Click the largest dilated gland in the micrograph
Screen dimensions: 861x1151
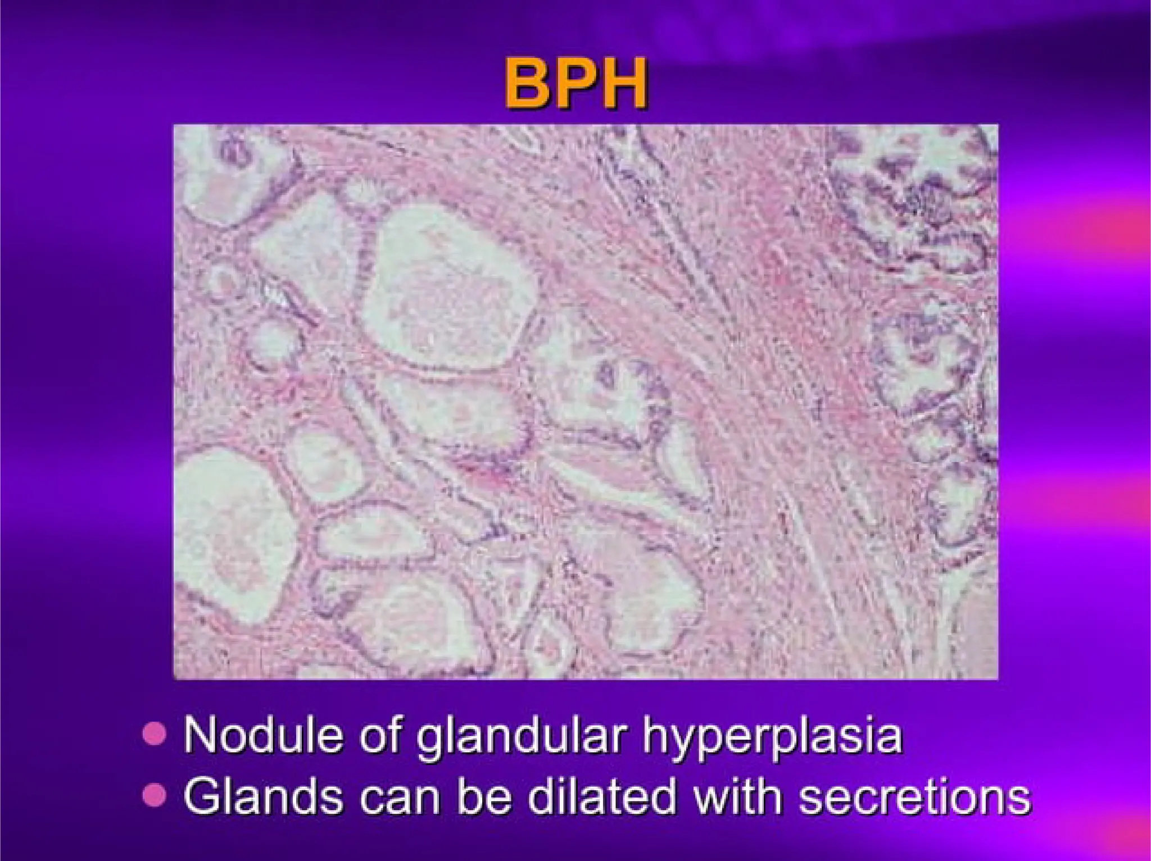tap(447, 286)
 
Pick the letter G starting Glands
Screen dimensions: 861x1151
tap(202, 796)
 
